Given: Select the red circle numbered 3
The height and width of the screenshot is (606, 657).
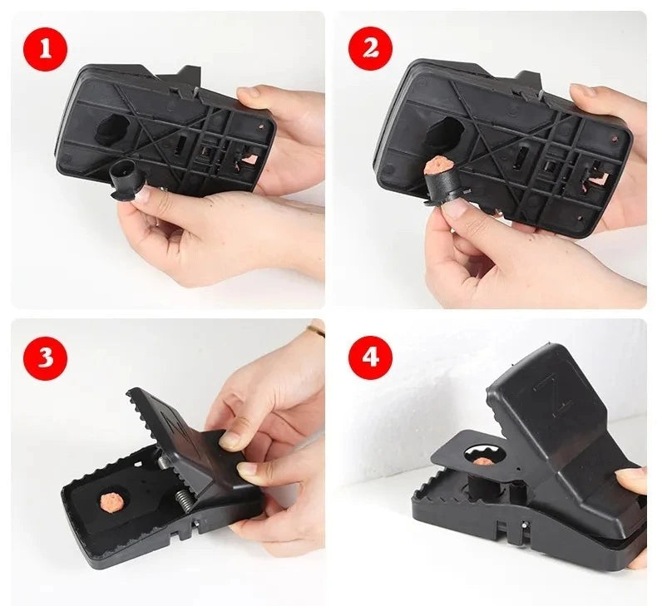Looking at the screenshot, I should click(x=44, y=357).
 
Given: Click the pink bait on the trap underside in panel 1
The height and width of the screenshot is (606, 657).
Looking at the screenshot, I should click(x=249, y=159).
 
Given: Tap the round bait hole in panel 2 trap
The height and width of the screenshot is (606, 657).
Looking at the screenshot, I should click(x=445, y=130).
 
